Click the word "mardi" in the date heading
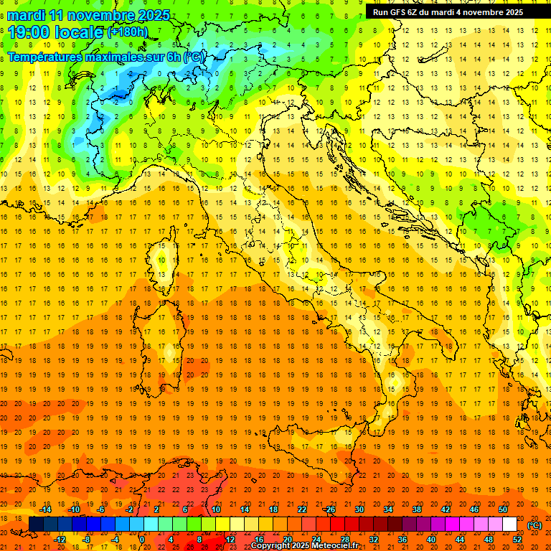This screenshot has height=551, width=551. point(27,15)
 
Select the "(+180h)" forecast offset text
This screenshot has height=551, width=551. point(128,32)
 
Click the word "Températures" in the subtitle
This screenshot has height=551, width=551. point(45,57)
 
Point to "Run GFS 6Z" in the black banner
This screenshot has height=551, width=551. point(395,12)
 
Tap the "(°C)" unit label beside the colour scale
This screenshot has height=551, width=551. point(534,525)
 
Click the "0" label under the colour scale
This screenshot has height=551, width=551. point(141,540)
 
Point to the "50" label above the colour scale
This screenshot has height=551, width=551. point(503,509)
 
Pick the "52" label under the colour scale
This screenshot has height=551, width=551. point(517,540)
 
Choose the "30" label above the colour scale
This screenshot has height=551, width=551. point(359,509)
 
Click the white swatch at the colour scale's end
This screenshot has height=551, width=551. point(509,524)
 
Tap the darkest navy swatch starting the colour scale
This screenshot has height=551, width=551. point(36,524)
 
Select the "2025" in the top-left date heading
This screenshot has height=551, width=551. point(152,15)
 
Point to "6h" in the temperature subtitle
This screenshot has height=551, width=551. point(173,57)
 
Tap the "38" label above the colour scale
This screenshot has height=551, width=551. point(416,509)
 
